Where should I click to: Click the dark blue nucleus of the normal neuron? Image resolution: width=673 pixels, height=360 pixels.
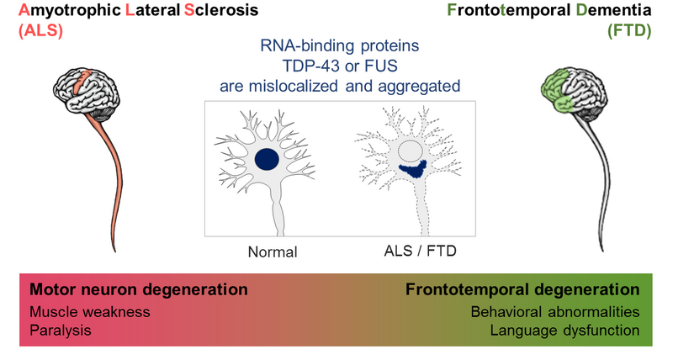click(268, 160)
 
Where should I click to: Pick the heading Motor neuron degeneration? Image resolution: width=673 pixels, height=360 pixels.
click(139, 290)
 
